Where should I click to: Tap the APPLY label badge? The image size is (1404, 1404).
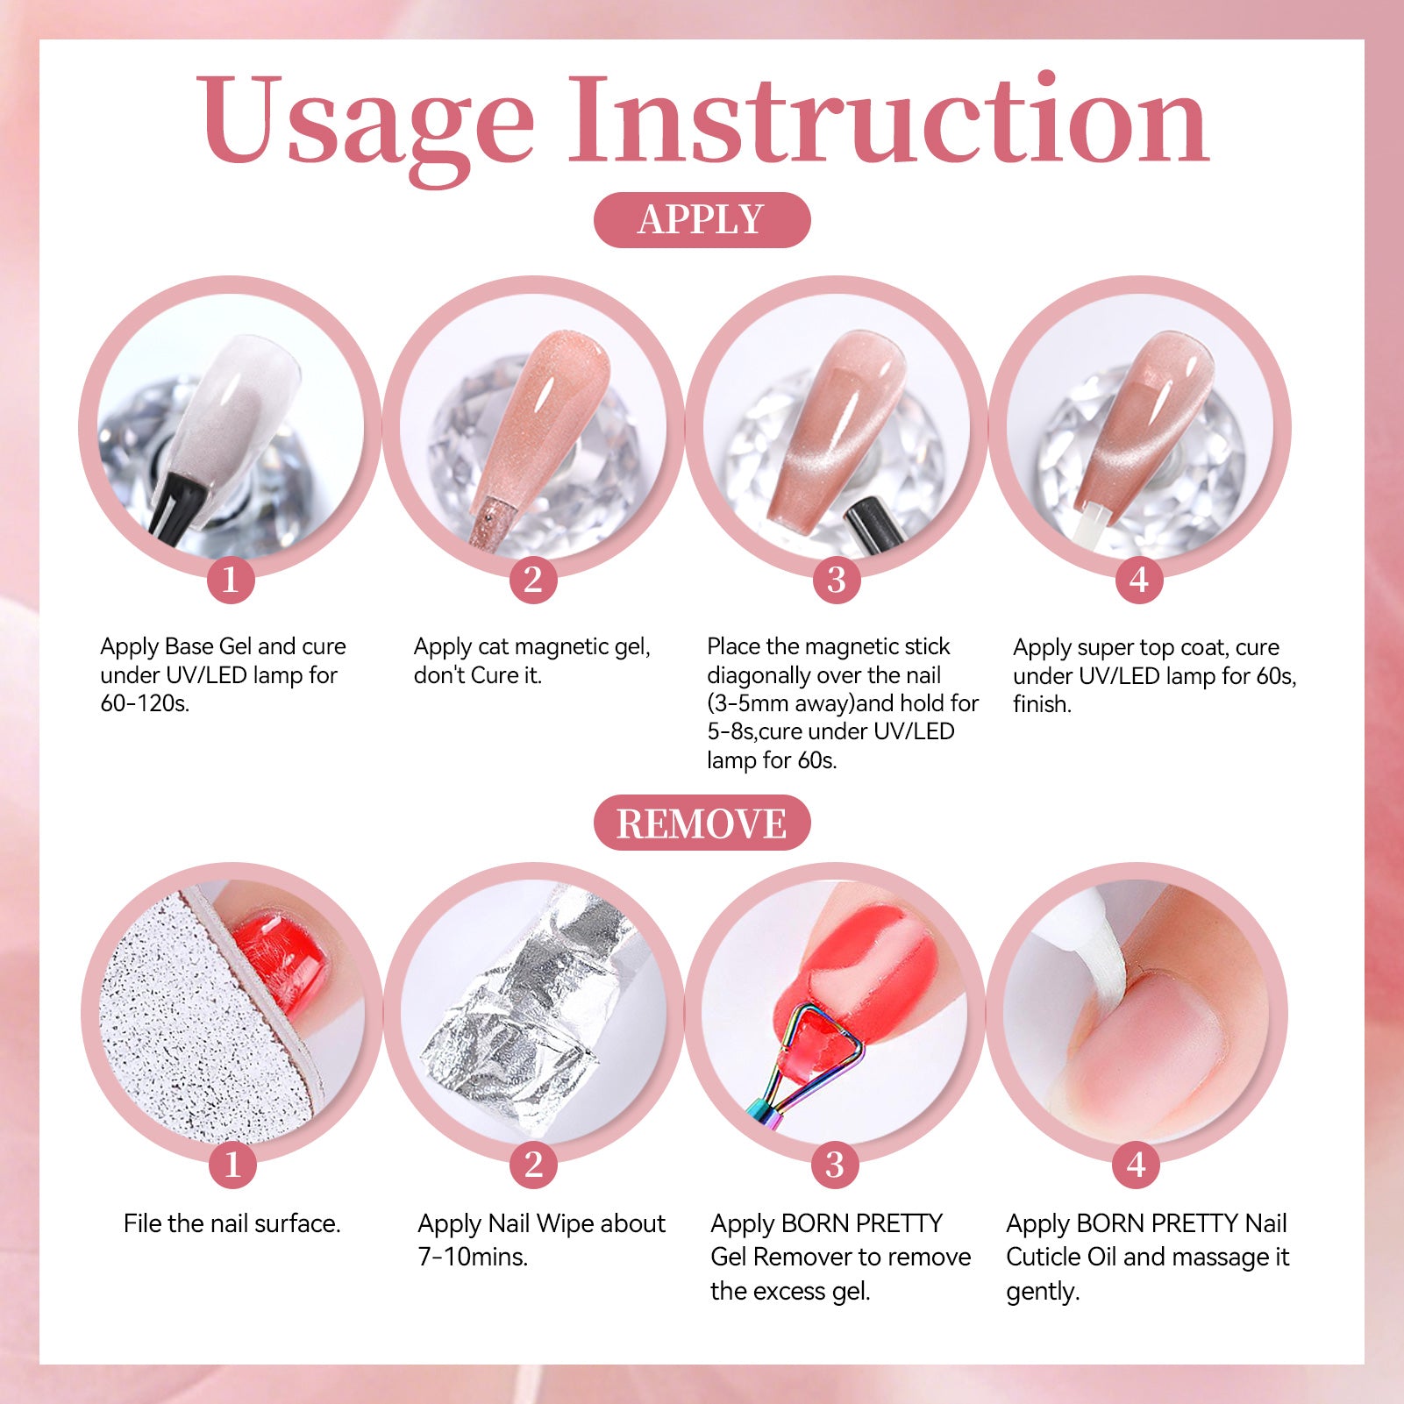pyautogui.click(x=702, y=219)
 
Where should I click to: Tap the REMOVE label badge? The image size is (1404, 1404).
pyautogui.click(x=702, y=823)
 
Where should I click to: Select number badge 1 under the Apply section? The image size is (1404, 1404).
pyautogui.click(x=231, y=580)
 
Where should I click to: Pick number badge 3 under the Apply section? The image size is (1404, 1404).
pyautogui.click(x=837, y=580)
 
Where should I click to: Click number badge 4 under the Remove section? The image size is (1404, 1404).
pyautogui.click(x=1137, y=1165)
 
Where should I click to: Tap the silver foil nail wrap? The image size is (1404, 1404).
pyautogui.click(x=526, y=1008)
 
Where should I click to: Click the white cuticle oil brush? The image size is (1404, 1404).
pyautogui.click(x=1087, y=943)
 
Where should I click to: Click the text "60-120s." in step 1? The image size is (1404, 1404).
pyautogui.click(x=145, y=703)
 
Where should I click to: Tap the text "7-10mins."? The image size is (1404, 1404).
pyautogui.click(x=473, y=1257)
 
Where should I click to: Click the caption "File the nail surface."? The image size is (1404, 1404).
pyautogui.click(x=232, y=1223)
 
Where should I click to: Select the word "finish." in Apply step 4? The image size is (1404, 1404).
pyautogui.click(x=1043, y=704)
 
